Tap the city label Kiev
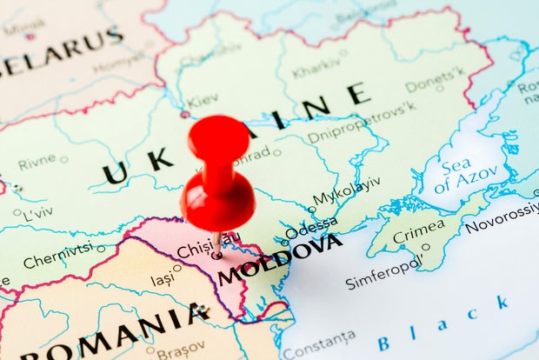pyautogui.click(x=203, y=100)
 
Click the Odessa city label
pyautogui.click(x=310, y=228)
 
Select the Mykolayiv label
pyautogui.click(x=346, y=190)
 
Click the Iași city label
pyautogui.click(x=162, y=280)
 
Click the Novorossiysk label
pyautogui.click(x=502, y=218)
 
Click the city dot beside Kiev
pyautogui.click(x=185, y=114)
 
